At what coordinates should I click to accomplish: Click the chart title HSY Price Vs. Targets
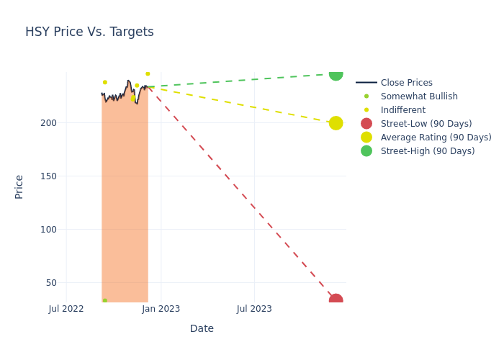[x=89, y=32]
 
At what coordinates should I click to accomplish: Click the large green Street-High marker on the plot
[x=336, y=73]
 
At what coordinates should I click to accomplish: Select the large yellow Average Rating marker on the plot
[x=336, y=123]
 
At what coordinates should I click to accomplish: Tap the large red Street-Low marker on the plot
[x=336, y=300]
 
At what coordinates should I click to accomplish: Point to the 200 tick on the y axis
[x=48, y=123]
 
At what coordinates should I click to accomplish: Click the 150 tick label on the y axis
[x=48, y=176]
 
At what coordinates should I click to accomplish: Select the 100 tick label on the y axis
[x=48, y=230]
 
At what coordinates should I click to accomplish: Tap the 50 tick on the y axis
[x=51, y=283]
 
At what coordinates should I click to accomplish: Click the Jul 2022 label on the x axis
[x=66, y=309]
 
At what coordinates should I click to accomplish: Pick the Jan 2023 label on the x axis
[x=161, y=309]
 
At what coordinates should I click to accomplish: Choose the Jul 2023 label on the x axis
[x=254, y=309]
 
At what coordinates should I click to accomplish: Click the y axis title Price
[x=19, y=186]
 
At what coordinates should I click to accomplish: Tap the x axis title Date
[x=202, y=329]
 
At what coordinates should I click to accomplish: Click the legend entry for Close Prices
[x=406, y=83]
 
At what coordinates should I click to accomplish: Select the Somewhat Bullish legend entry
[x=418, y=96]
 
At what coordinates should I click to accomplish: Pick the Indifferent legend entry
[x=402, y=110]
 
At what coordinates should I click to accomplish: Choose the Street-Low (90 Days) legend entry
[x=426, y=124]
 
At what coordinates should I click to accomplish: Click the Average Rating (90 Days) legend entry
[x=436, y=138]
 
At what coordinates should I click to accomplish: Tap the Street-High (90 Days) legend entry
[x=428, y=151]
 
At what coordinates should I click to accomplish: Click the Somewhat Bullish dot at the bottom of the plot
[x=104, y=301]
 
